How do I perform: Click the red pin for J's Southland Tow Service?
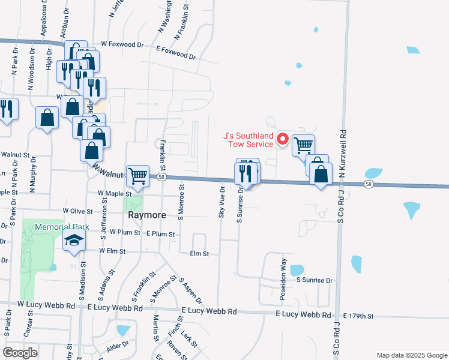[282, 140]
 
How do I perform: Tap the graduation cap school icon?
[74, 241]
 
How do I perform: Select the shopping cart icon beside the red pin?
[304, 145]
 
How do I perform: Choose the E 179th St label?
[358, 316]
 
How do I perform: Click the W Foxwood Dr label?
[122, 44]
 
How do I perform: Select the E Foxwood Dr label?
[175, 52]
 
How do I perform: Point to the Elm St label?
[199, 254]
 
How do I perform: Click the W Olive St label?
[77, 211]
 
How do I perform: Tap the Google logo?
[20, 353]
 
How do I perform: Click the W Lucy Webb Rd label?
[46, 305]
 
